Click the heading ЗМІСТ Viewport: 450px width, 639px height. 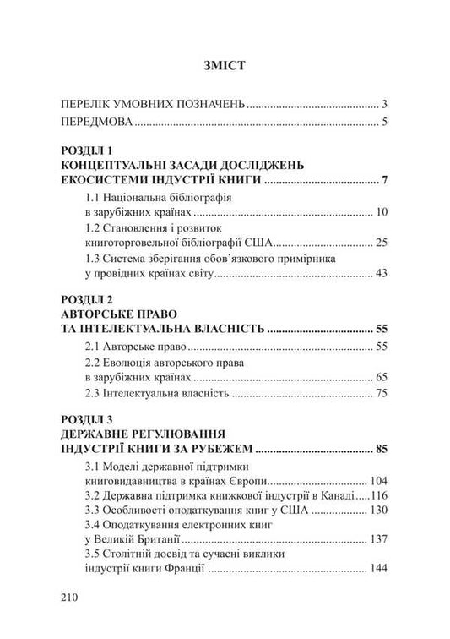click(x=225, y=64)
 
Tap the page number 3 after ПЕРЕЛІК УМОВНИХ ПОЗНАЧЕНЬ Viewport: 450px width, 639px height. click(x=383, y=105)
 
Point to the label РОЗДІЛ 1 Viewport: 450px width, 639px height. click(x=92, y=150)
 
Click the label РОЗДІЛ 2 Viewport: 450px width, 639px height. click(x=92, y=299)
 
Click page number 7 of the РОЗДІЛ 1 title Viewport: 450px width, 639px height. click(x=383, y=180)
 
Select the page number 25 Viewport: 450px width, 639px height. click(x=380, y=243)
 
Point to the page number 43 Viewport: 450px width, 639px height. click(x=380, y=273)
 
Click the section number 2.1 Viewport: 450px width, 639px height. click(x=96, y=347)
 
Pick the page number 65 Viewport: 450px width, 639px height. click(x=380, y=378)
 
